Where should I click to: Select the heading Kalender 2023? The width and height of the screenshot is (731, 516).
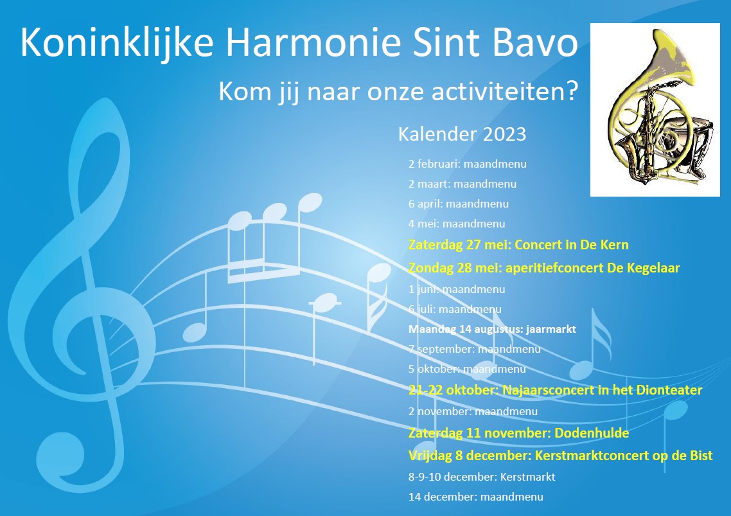(462, 134)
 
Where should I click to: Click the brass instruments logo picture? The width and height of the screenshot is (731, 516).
(655, 110)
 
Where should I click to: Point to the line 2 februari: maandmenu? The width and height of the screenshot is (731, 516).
(467, 164)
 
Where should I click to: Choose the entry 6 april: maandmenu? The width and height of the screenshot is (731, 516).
(458, 204)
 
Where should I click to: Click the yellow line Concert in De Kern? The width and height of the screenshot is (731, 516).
(518, 245)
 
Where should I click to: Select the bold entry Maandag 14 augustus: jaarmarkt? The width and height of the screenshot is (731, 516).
(492, 329)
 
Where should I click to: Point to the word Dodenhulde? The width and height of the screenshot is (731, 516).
(592, 433)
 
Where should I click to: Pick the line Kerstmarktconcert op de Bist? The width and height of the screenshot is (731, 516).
(624, 456)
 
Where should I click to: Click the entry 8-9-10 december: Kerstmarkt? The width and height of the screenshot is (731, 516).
(482, 477)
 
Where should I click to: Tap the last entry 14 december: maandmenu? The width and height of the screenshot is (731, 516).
(475, 497)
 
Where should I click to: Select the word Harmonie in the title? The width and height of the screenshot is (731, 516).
(313, 42)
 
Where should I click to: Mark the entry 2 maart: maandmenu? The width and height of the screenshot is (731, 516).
(462, 184)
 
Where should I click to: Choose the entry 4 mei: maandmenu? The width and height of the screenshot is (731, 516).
(457, 224)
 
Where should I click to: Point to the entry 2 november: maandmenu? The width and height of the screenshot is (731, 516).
(473, 411)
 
